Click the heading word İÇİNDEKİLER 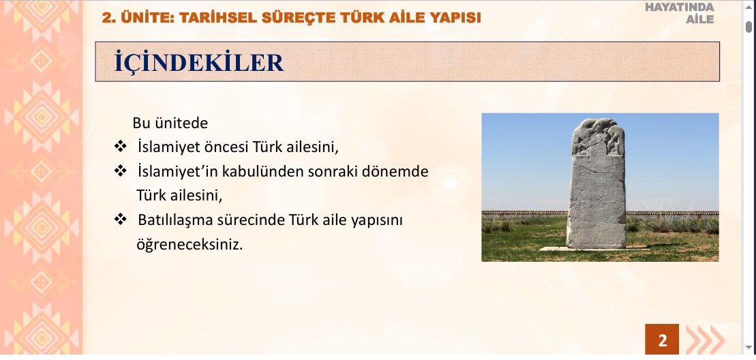[x=198, y=63]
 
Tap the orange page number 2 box [x=662, y=340]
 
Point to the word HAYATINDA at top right [x=680, y=7]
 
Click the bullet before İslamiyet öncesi [x=120, y=146]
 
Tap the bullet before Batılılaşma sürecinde [x=120, y=220]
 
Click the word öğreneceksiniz [x=190, y=245]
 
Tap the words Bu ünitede [x=170, y=123]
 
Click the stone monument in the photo [x=597, y=183]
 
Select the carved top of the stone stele [x=598, y=136]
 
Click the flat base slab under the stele [x=593, y=249]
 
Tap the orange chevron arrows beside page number [x=705, y=340]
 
